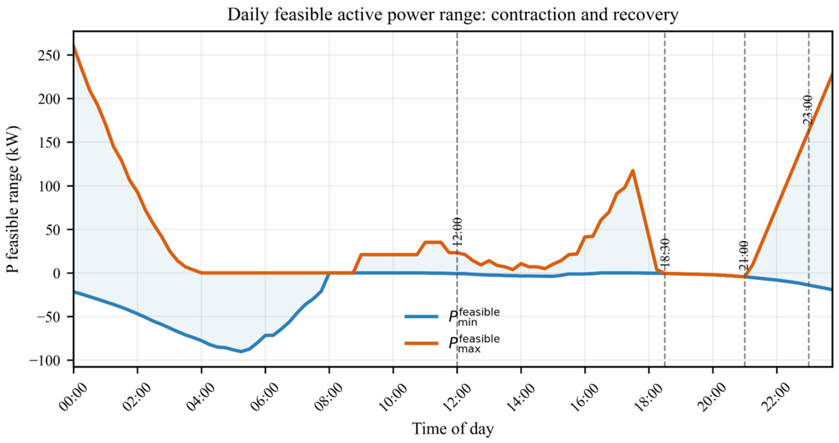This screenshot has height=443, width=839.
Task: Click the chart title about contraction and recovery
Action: point(453,15)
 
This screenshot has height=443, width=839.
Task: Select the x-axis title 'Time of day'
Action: point(453,429)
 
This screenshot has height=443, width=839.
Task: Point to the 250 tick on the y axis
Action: point(49,55)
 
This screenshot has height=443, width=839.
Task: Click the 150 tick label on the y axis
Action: point(49,143)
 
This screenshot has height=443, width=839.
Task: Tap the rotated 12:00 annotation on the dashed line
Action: point(458,232)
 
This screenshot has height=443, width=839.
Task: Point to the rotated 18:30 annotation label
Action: point(665,253)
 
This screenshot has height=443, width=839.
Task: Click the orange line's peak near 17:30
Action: point(633,171)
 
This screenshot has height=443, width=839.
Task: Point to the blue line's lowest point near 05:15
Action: point(241,351)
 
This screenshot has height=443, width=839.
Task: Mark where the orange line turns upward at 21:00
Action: point(745,277)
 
